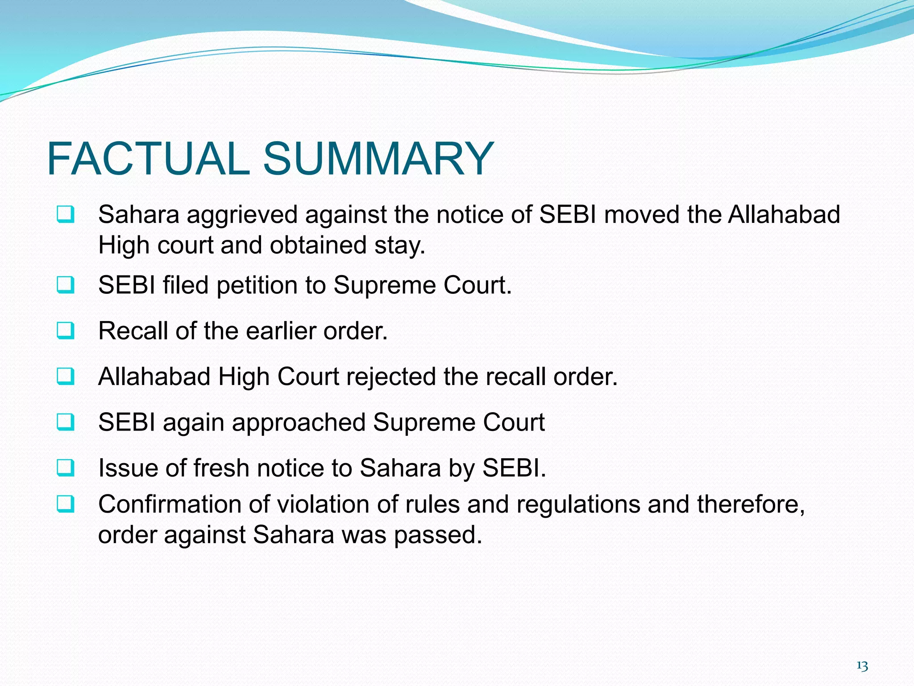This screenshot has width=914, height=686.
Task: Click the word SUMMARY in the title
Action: (x=378, y=159)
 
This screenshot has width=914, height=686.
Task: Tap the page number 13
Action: (x=862, y=666)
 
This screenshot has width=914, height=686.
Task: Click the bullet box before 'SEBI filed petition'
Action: (x=66, y=285)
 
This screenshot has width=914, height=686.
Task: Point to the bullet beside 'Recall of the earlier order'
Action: (x=66, y=331)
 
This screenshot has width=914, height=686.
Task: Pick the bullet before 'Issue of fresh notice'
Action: (x=66, y=468)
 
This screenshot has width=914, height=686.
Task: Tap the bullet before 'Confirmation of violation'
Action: (x=66, y=504)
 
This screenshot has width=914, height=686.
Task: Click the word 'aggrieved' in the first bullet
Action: (x=242, y=215)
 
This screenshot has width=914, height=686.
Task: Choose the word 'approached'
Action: (x=299, y=423)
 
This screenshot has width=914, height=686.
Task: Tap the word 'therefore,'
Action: (x=751, y=505)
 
